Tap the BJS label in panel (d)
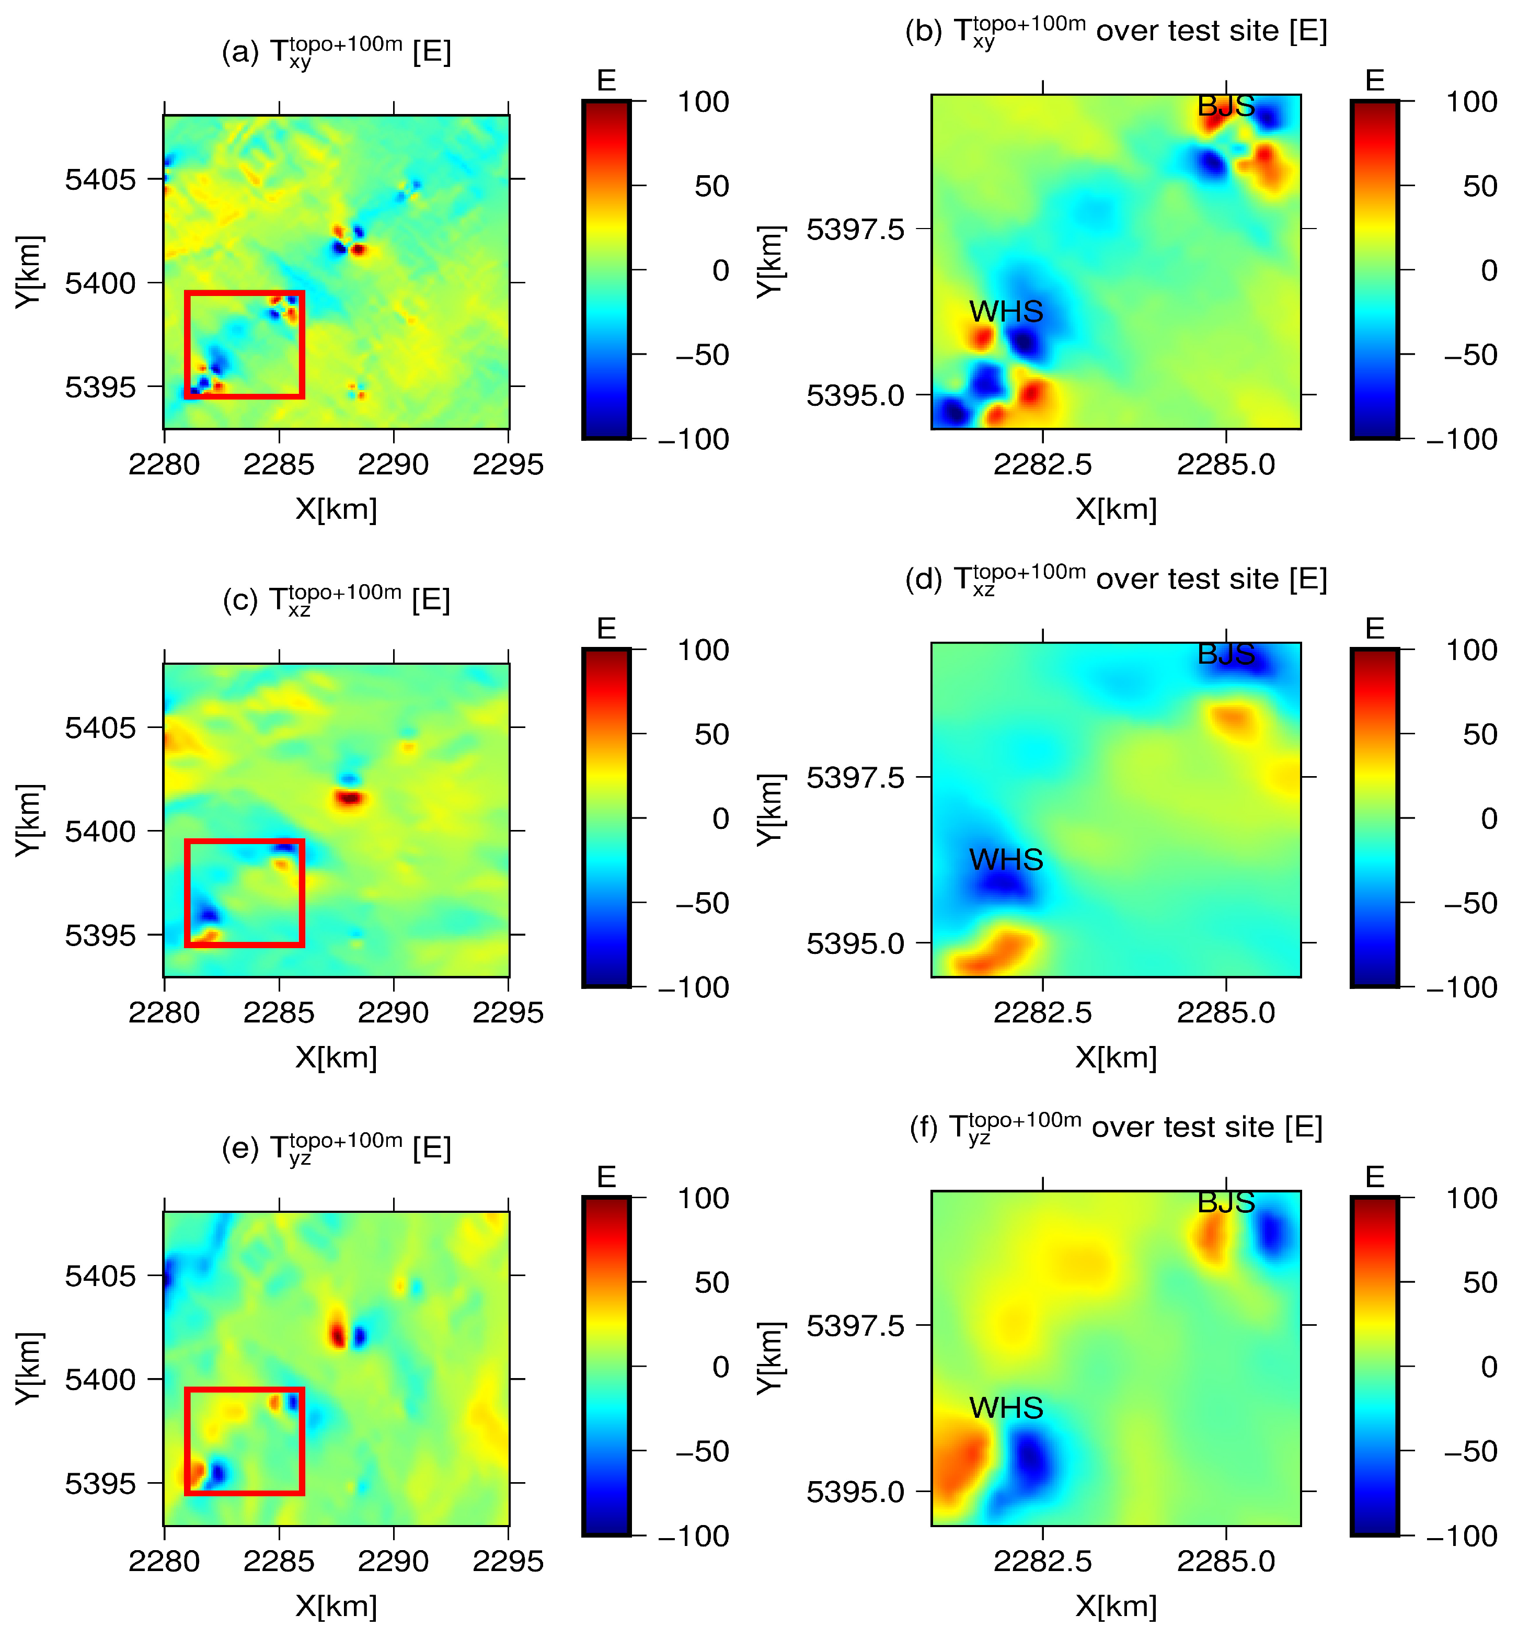point(1226,654)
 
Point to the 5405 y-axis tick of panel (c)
point(100,727)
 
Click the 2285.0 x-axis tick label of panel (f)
point(1226,1562)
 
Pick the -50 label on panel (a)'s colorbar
point(703,355)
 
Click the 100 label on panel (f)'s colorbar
point(1471,1198)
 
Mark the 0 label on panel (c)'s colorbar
point(720,818)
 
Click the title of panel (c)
point(336,600)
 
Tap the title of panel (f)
point(1115,1127)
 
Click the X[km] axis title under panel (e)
point(336,1606)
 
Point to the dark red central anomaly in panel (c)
point(350,797)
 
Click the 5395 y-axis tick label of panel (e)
point(100,1484)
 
